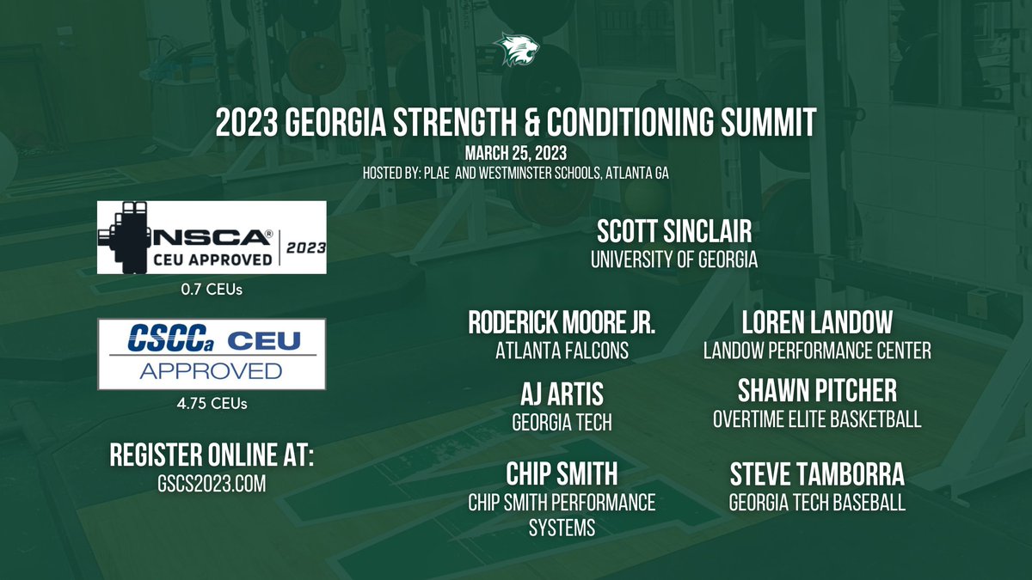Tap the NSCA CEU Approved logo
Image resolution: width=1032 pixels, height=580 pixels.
click(x=212, y=237)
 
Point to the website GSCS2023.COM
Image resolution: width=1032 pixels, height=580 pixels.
click(x=212, y=484)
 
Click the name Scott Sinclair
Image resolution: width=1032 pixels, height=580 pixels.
click(x=673, y=231)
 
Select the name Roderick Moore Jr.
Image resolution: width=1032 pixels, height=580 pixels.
click(x=562, y=323)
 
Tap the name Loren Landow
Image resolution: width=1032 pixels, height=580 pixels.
click(x=817, y=323)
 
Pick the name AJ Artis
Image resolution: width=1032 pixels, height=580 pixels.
click(x=562, y=394)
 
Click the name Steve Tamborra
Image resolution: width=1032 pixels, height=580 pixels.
click(x=817, y=474)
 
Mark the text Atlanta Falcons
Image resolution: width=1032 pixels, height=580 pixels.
click(x=562, y=351)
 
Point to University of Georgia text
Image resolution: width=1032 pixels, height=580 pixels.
click(x=673, y=259)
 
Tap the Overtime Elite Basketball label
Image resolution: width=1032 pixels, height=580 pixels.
click(x=817, y=419)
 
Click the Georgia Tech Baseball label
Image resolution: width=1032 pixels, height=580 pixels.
click(x=817, y=503)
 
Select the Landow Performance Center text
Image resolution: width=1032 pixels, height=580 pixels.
click(x=817, y=351)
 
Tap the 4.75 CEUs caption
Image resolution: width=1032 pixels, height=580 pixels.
click(x=212, y=402)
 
